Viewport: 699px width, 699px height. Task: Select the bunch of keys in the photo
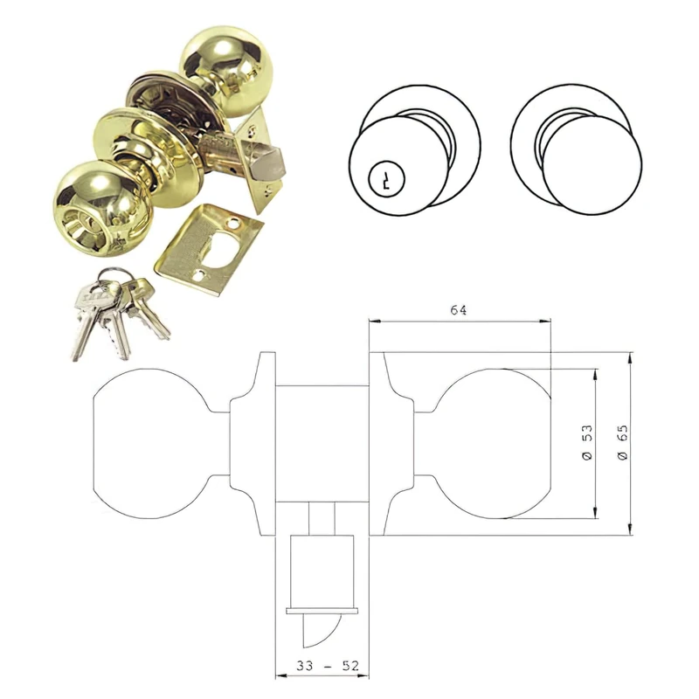coord(114,315)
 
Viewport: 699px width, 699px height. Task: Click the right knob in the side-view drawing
coord(494,445)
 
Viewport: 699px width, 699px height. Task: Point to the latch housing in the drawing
coord(321,568)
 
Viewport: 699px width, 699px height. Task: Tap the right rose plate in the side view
coord(389,445)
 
